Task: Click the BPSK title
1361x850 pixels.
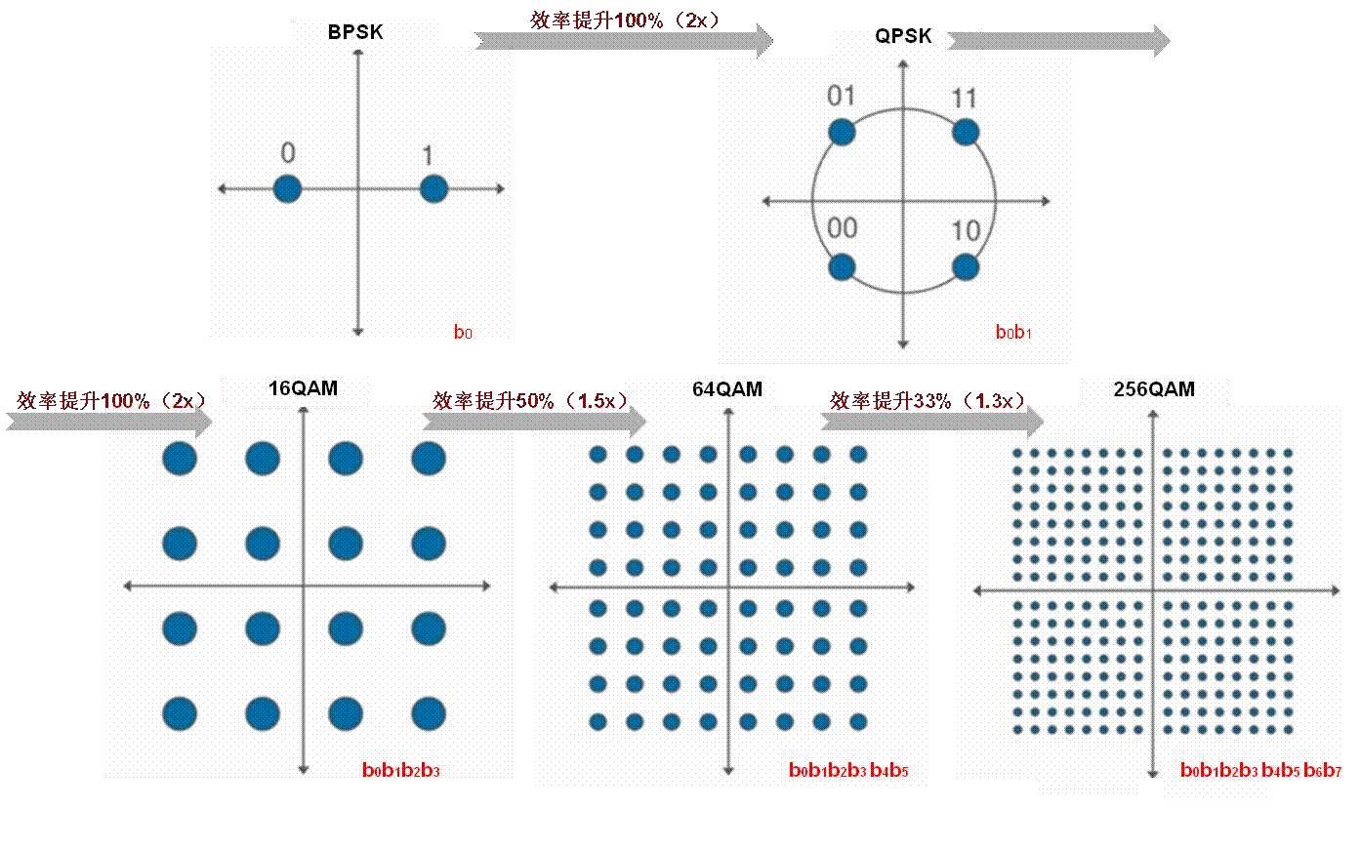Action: click(355, 32)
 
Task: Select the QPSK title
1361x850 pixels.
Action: click(903, 36)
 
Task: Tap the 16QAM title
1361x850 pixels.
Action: click(303, 388)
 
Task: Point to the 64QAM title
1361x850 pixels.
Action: click(727, 389)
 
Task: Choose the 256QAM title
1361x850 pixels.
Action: click(1154, 389)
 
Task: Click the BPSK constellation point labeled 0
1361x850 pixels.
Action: click(287, 188)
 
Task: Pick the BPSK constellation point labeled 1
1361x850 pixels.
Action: click(433, 188)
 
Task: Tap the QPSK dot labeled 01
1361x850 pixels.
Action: click(842, 133)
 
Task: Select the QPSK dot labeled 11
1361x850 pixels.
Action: click(966, 133)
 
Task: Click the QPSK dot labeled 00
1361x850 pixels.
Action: click(842, 266)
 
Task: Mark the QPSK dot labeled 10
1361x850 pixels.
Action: click(966, 266)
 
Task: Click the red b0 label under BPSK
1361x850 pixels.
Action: click(463, 333)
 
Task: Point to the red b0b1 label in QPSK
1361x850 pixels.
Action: click(1013, 333)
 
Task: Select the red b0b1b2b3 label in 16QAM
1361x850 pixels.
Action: click(401, 771)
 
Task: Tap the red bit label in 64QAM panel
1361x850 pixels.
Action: click(848, 771)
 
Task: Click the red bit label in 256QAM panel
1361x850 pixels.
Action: click(1260, 771)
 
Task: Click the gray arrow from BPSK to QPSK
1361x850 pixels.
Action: click(625, 40)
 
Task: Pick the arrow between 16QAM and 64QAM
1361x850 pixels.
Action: click(535, 421)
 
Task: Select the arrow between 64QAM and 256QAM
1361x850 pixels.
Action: click(932, 421)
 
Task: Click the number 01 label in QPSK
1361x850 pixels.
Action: click(841, 96)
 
